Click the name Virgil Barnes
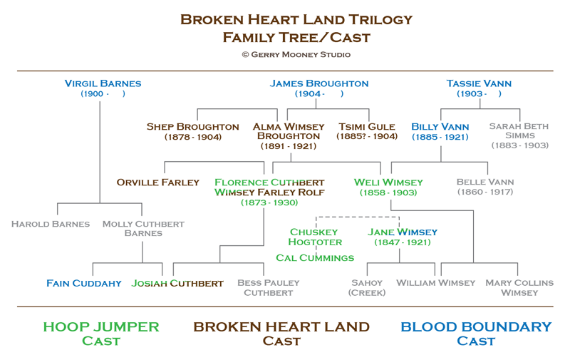coord(103,83)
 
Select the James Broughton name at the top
coord(318,83)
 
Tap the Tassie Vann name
coord(479,83)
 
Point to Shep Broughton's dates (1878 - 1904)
coord(193,137)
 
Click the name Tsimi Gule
coord(367,127)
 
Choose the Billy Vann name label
coord(440,127)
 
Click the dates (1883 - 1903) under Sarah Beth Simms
coord(520,145)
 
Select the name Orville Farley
coord(157,182)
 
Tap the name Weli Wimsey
coord(388,182)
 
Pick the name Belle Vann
coord(485,182)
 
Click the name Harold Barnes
coord(51,224)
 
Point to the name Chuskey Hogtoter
coord(315,237)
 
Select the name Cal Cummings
coord(315,258)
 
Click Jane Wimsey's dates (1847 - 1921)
coord(403,242)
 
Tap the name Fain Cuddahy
coord(84,283)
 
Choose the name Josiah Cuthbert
coord(177,283)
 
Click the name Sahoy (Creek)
coord(367,287)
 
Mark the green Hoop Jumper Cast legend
coord(101,334)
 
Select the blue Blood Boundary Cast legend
coord(476,334)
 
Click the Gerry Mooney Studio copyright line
coord(296,55)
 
